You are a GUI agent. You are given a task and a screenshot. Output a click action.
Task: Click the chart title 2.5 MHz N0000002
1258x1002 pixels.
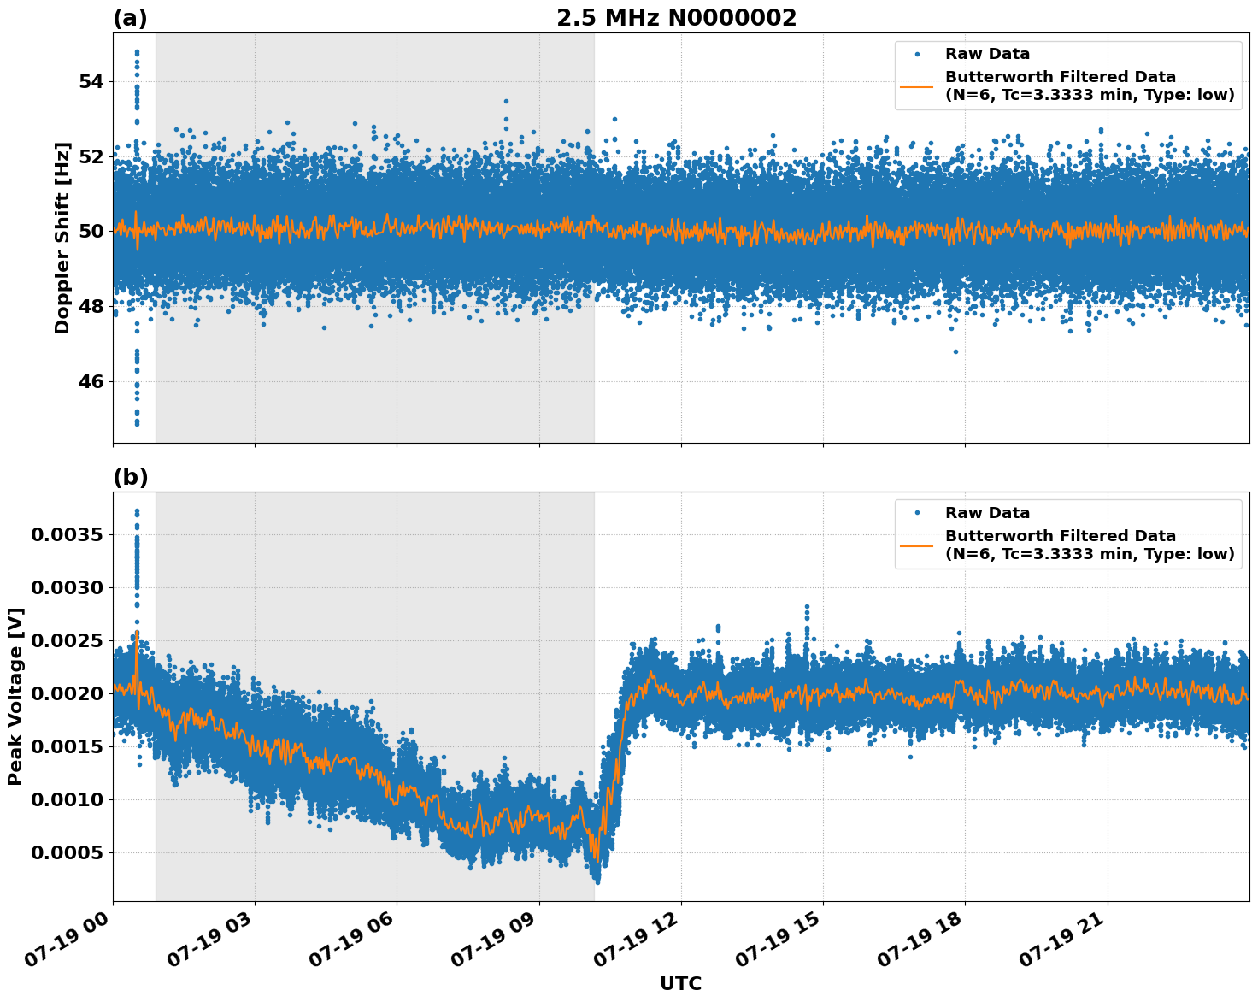coord(676,18)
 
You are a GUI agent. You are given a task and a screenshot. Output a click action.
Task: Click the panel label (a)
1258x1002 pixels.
coord(130,19)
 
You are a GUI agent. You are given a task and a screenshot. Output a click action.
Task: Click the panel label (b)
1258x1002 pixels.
coord(130,477)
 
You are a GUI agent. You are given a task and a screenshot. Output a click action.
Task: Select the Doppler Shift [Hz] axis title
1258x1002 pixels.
coord(62,238)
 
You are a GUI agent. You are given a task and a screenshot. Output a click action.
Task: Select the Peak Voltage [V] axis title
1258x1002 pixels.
coord(15,696)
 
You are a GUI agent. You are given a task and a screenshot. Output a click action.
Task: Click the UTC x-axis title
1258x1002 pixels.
coord(680,983)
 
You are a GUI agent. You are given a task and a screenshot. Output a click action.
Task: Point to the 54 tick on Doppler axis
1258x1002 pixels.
coord(90,81)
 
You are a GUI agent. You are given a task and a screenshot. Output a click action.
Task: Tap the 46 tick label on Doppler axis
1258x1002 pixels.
coord(90,381)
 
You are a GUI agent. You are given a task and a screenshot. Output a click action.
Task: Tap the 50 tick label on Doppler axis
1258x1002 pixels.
coord(90,232)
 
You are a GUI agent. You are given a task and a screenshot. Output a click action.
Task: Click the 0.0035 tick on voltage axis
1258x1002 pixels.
coord(67,535)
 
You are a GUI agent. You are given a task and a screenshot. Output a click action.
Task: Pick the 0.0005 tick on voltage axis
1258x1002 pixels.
coord(67,853)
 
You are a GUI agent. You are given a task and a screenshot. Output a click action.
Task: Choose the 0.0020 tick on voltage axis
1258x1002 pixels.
coord(67,694)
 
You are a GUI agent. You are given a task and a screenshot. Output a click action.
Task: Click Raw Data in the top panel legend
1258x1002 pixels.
coord(987,54)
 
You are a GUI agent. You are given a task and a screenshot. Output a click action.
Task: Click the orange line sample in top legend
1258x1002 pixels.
coord(917,85)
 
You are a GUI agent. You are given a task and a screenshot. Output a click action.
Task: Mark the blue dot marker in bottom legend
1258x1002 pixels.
coord(917,513)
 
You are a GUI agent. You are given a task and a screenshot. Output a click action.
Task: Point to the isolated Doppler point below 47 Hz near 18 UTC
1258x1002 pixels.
coord(955,351)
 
